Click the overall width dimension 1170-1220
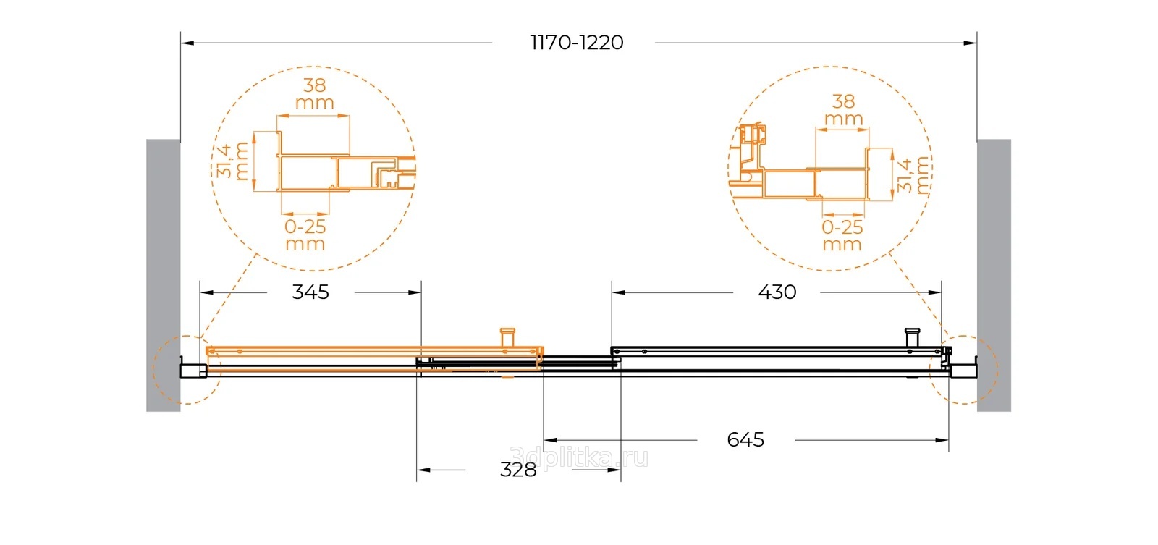pos(577,43)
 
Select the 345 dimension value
pos(310,292)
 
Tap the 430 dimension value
pos(777,292)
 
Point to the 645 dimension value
pos(745,440)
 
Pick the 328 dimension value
pos(518,470)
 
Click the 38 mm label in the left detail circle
pos(314,93)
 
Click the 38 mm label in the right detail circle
pos(843,110)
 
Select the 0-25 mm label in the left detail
pos(305,235)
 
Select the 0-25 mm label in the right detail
pos(842,235)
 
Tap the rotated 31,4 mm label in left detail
pos(232,161)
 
